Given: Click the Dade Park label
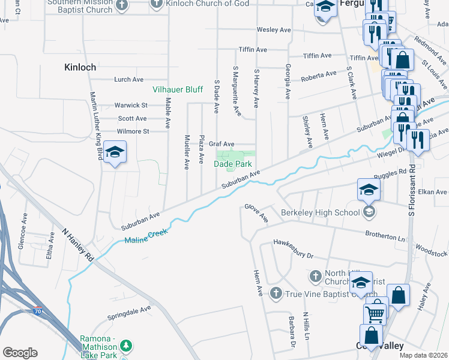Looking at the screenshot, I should click(233, 164).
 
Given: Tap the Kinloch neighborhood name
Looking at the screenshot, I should click(80, 68).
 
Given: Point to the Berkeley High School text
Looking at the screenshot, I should click(321, 212).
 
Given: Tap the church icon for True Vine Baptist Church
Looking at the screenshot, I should click(276, 293).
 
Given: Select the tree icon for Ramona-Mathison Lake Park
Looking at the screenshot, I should click(125, 346).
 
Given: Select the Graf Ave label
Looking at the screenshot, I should click(221, 144).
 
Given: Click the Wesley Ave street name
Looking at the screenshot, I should click(273, 29).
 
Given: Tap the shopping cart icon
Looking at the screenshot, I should click(375, 313).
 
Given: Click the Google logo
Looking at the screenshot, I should click(20, 353).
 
